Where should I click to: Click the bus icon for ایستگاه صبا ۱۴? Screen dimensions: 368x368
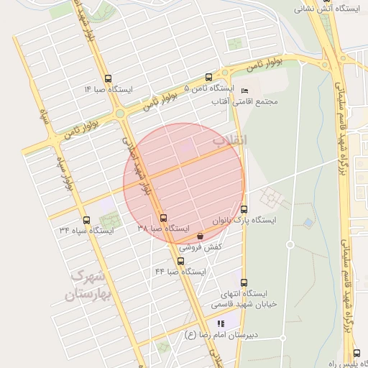point(108,79)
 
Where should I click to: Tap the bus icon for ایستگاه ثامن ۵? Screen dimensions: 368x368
point(208,77)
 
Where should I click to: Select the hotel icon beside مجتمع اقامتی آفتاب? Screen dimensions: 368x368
point(244,91)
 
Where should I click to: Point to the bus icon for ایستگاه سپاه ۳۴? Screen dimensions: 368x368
point(87,220)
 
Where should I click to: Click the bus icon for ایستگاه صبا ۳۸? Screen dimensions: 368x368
point(163,218)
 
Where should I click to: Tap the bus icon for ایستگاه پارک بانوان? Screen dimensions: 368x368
point(244,209)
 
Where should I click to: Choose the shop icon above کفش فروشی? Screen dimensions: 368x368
point(199,236)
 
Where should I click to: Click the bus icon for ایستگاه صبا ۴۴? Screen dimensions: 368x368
point(180,261)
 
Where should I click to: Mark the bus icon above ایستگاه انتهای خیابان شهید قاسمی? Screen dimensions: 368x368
point(243,282)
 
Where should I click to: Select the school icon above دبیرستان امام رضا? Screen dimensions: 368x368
point(221,323)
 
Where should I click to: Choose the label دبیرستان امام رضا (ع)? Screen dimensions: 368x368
point(221,335)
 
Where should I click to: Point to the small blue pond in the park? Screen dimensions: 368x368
point(308,224)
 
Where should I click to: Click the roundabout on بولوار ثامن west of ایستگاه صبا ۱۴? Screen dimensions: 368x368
point(119,112)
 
